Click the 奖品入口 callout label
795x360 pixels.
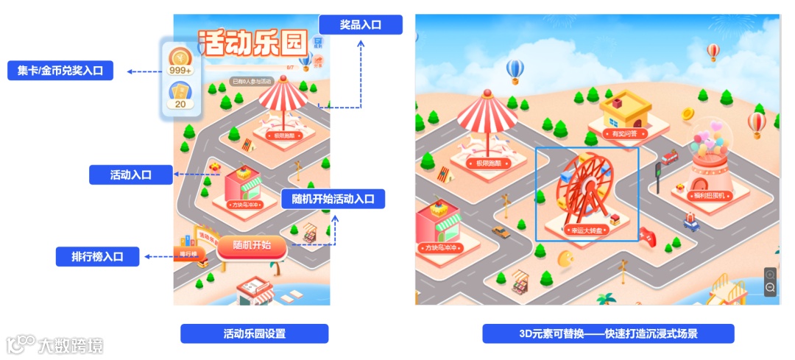(x=360, y=24)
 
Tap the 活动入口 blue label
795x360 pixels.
(x=130, y=174)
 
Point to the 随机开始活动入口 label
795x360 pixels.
(x=333, y=199)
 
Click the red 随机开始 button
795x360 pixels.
(x=251, y=246)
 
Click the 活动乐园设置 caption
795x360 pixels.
(x=254, y=333)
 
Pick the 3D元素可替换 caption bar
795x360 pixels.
(x=608, y=333)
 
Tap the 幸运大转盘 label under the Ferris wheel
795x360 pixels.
(x=587, y=230)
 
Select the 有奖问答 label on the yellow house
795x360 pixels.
(x=625, y=134)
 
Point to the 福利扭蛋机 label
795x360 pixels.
(x=710, y=196)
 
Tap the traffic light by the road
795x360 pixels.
(x=657, y=172)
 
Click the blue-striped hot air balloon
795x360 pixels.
(x=515, y=71)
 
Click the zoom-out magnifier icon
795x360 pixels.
(x=770, y=287)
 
